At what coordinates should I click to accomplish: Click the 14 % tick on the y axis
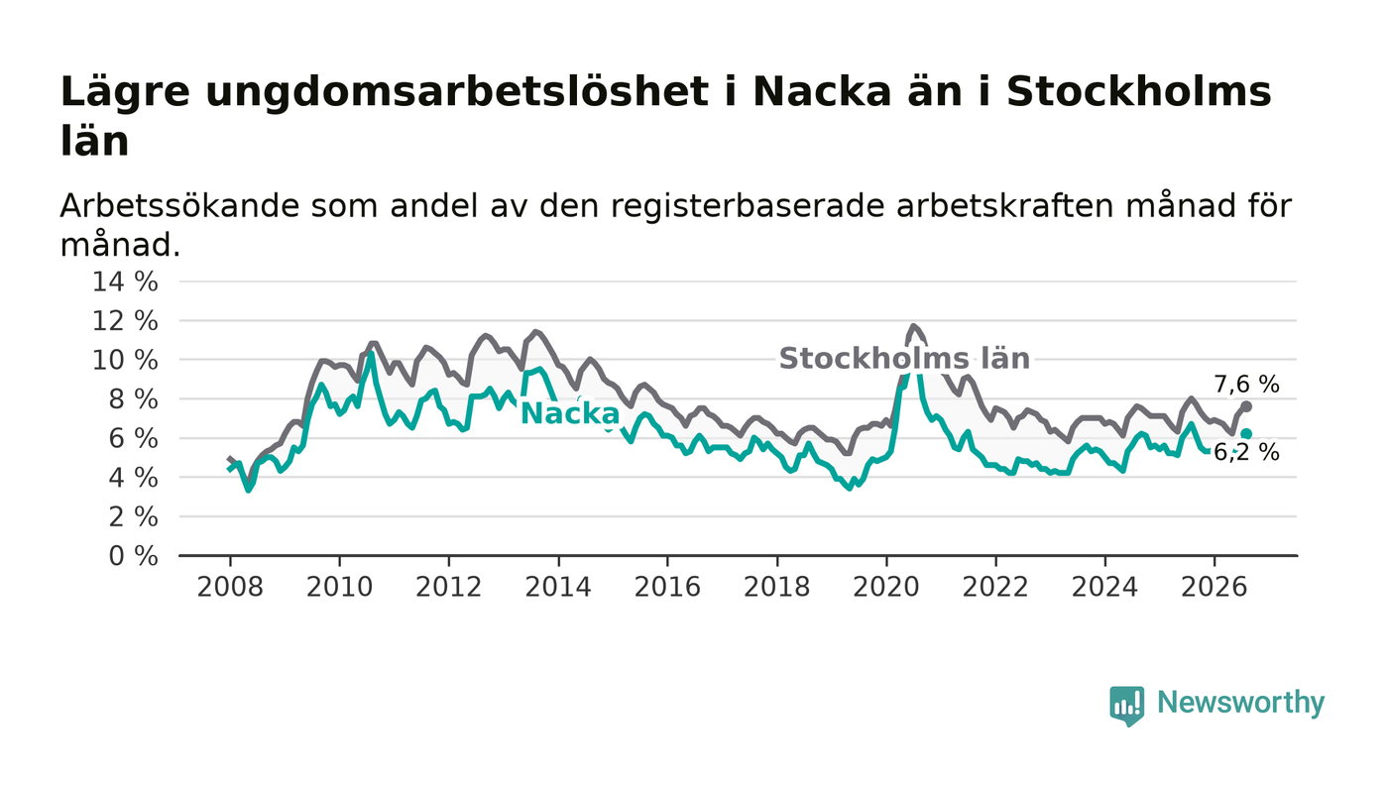click(125, 281)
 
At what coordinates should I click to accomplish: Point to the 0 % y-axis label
click(133, 556)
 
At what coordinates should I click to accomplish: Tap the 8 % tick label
click(133, 399)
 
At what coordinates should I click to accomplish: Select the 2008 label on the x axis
click(230, 587)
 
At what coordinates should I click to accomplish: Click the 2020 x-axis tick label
click(886, 587)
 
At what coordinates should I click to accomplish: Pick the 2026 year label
click(1214, 587)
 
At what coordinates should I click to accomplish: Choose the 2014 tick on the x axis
click(558, 587)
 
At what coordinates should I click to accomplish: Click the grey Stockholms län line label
click(904, 359)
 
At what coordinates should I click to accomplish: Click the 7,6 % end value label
click(1247, 385)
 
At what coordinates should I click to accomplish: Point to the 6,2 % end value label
click(1247, 453)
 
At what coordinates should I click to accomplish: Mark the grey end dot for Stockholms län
click(1247, 406)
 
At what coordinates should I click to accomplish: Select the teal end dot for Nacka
click(1246, 434)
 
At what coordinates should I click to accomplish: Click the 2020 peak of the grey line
click(913, 326)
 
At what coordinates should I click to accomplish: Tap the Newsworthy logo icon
click(1126, 706)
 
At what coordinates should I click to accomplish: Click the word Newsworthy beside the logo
click(1240, 703)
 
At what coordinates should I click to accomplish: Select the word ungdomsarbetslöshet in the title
click(456, 92)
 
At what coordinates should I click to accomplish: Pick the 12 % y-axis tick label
click(125, 321)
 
